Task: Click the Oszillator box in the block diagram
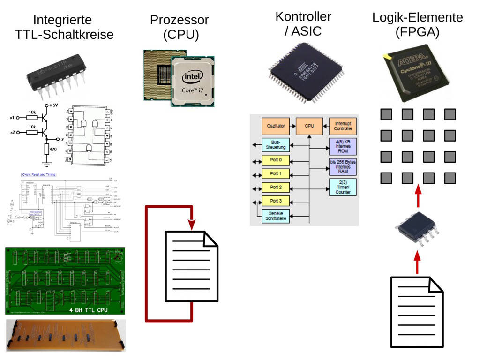coord(276,126)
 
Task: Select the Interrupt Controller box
coord(343,126)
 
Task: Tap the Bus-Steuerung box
coord(272,145)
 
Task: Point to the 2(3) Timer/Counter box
coord(343,187)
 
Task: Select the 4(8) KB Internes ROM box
coord(343,146)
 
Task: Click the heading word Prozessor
coord(179,20)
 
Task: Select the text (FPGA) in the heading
coord(417,32)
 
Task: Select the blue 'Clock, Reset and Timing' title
coord(38,175)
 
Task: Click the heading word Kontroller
coord(303,17)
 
